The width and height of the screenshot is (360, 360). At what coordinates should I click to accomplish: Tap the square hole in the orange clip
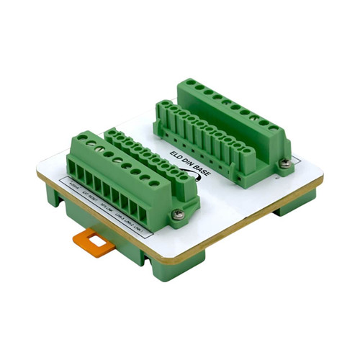pyautogui.click(x=94, y=239)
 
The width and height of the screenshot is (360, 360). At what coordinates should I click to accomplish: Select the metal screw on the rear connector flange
pyautogui.click(x=286, y=164)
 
